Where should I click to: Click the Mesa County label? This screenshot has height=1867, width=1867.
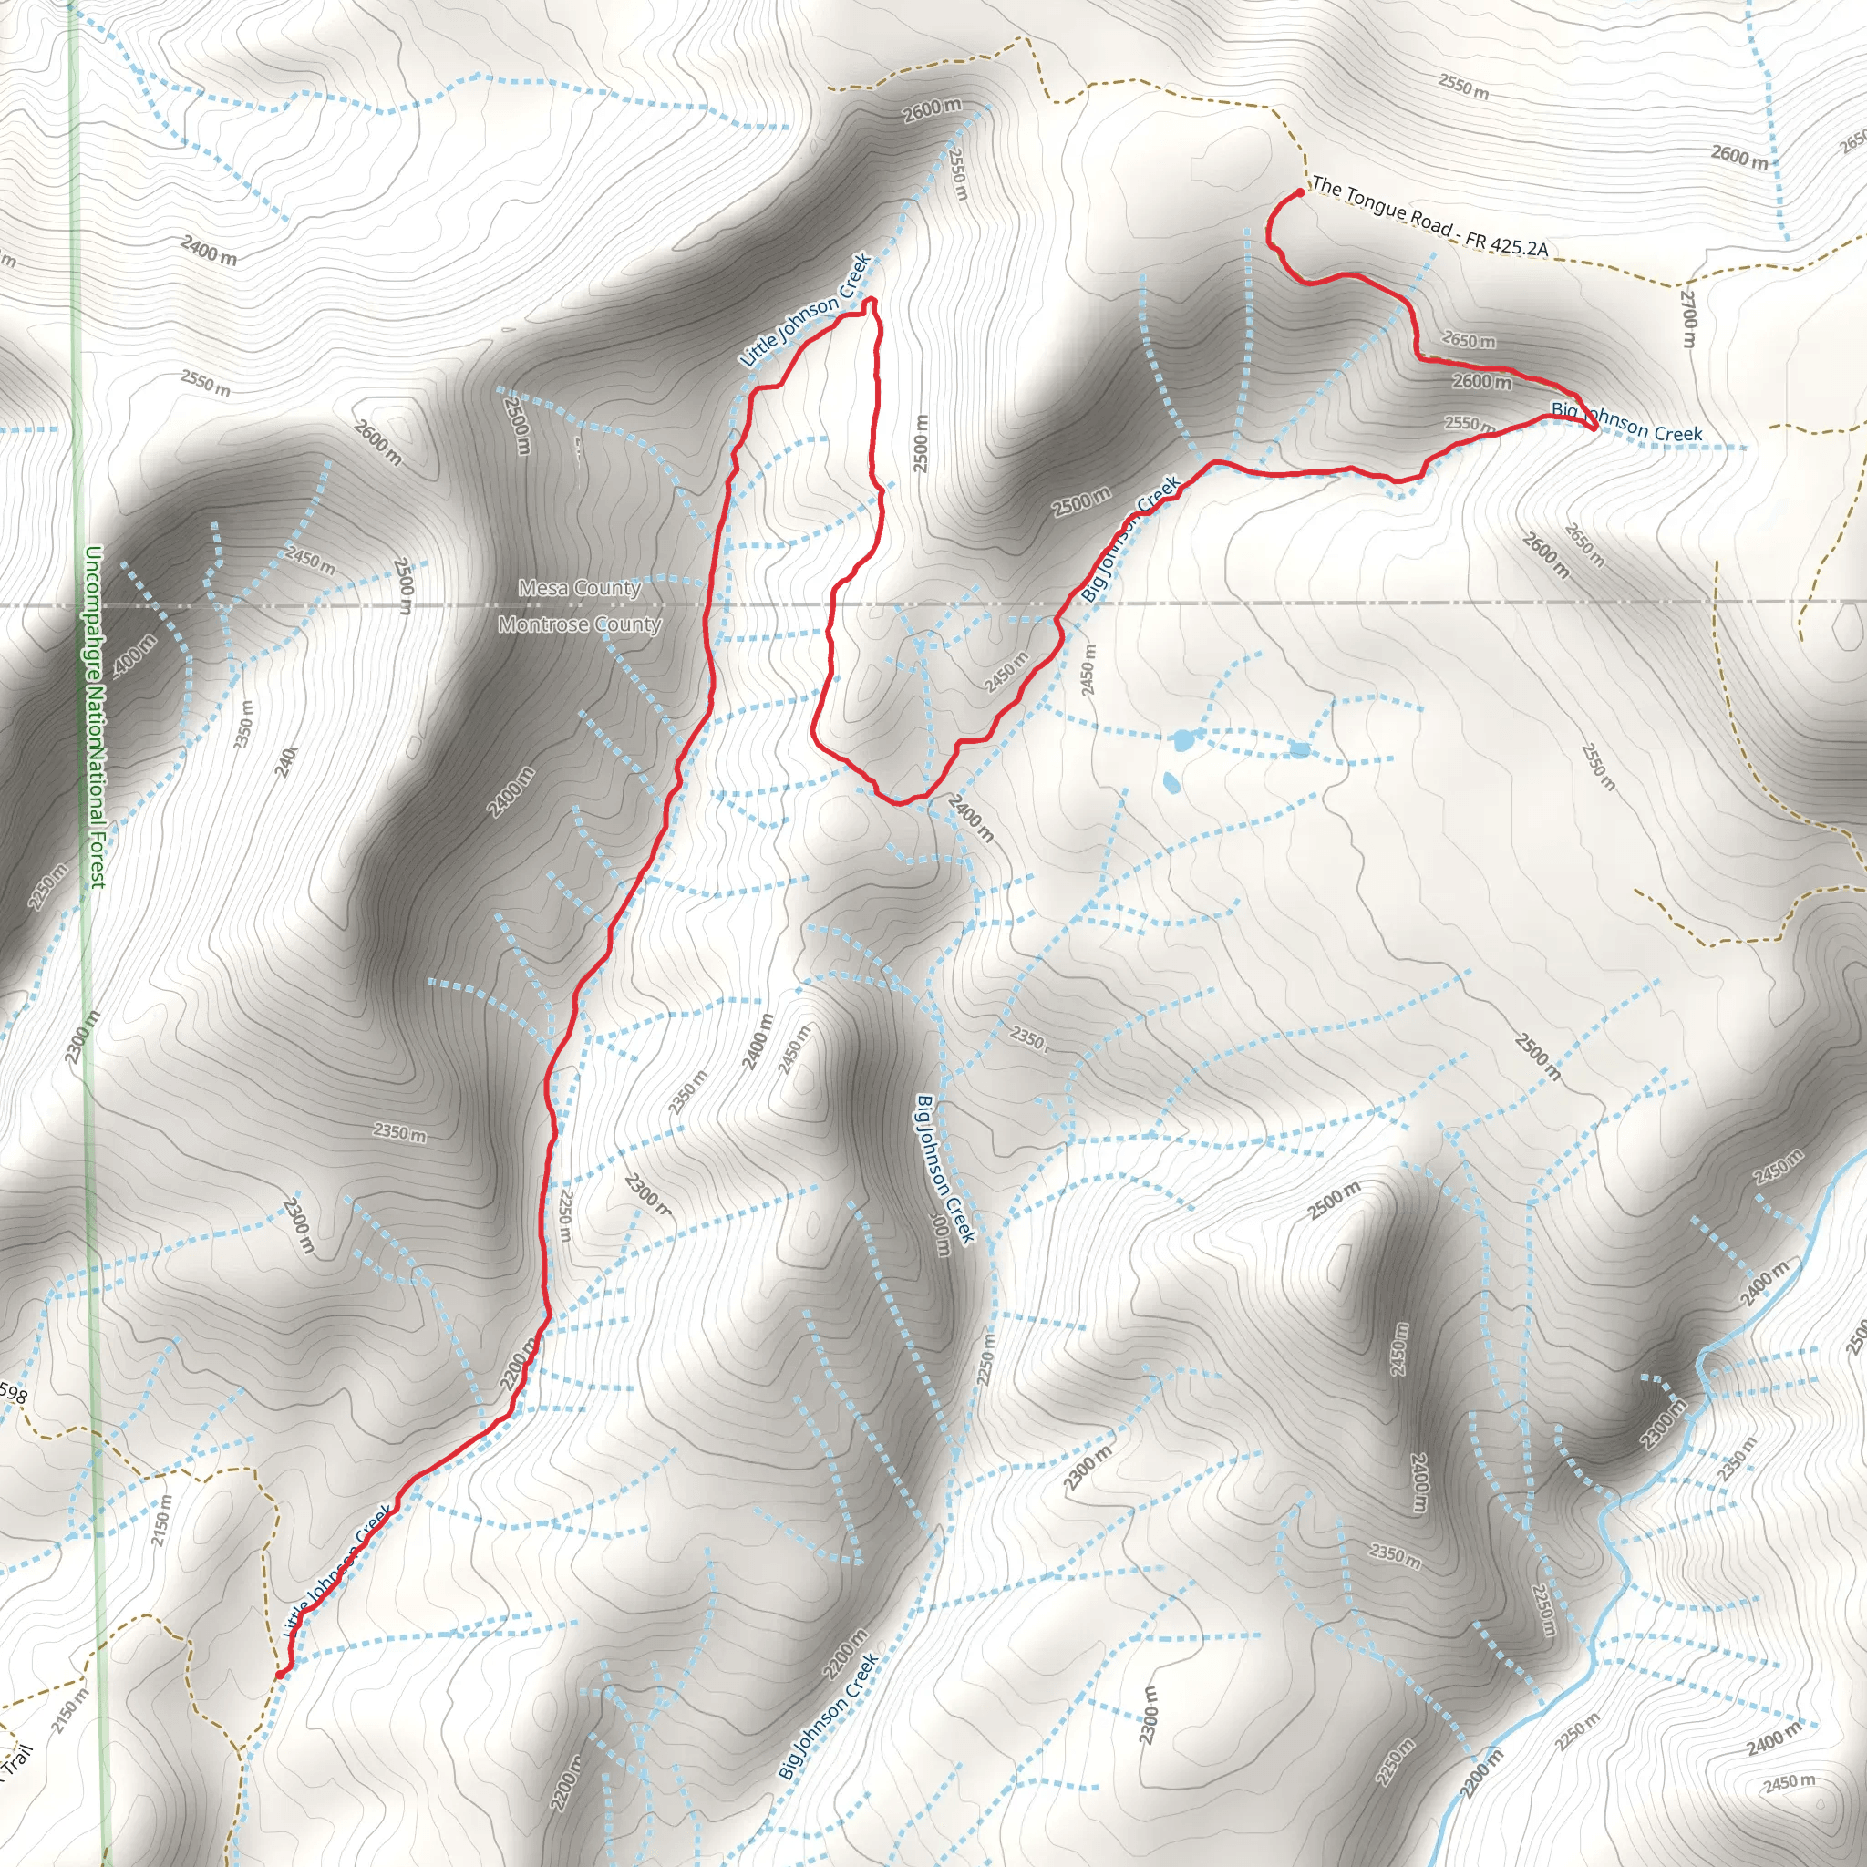tap(580, 588)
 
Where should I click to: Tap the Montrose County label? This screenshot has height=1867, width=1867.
tap(580, 624)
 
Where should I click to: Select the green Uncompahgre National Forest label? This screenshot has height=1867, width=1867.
tap(94, 715)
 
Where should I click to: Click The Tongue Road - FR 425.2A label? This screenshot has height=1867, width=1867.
tap(1429, 219)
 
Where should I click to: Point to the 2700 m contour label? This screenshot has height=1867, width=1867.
tap(1687, 319)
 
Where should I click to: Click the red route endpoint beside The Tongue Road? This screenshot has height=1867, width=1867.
tap(1300, 193)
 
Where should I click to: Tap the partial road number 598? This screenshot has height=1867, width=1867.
tap(14, 1394)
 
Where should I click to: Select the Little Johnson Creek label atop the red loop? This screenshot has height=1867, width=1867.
tap(806, 310)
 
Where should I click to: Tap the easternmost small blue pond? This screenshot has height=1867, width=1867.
tap(1300, 750)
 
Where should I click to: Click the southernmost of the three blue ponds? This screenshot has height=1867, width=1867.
tap(1171, 782)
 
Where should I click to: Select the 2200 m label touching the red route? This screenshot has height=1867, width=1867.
tap(518, 1364)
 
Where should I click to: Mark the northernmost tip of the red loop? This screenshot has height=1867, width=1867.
tap(871, 301)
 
